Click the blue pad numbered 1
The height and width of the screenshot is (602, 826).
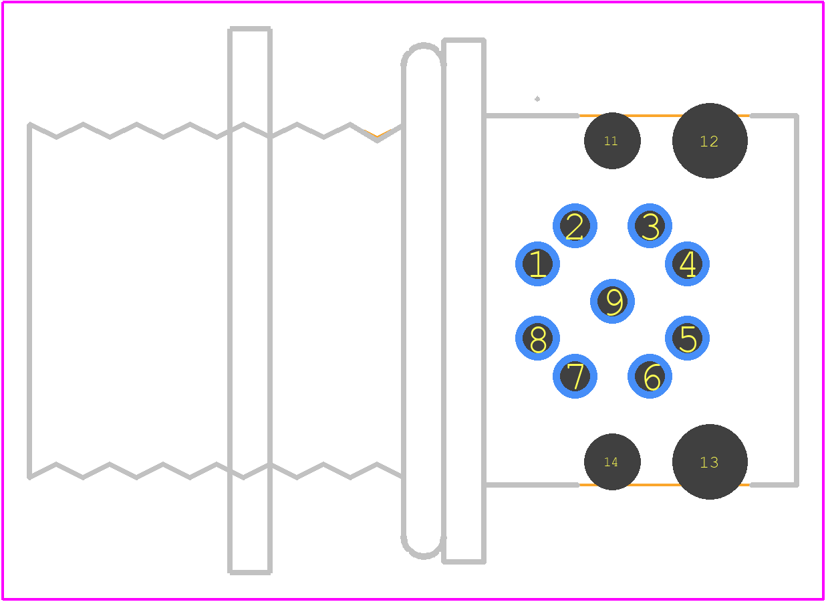click(537, 264)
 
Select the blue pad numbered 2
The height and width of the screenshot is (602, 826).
click(575, 225)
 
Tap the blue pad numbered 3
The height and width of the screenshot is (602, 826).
click(650, 225)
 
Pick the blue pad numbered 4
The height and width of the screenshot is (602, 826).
click(688, 264)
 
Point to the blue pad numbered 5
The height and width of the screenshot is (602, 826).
click(688, 338)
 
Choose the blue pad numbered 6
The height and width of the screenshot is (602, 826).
click(650, 376)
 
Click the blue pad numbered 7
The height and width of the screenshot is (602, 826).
click(575, 376)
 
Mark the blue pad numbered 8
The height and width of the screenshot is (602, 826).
click(537, 338)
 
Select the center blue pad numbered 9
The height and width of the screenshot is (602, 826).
click(613, 301)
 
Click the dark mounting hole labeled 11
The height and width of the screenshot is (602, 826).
click(613, 140)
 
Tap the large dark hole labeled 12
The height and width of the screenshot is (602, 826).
click(710, 140)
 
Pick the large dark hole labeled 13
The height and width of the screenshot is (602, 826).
click(710, 462)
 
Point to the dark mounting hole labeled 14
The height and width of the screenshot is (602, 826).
click(613, 462)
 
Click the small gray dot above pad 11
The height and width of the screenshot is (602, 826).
click(537, 99)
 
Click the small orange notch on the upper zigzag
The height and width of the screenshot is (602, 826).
click(377, 134)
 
